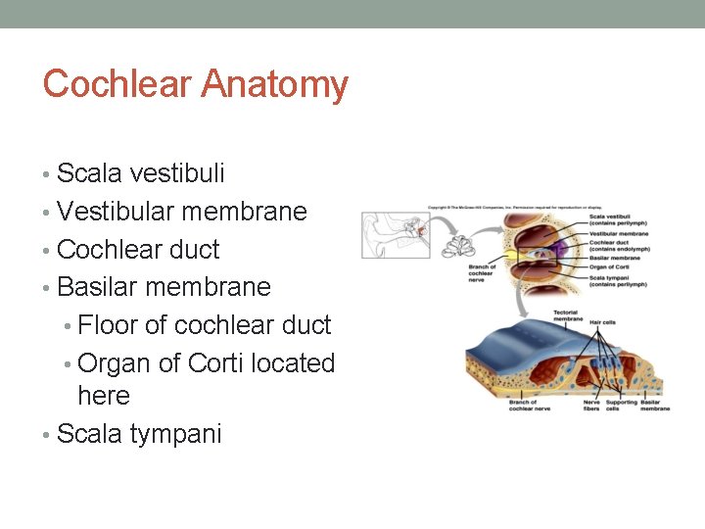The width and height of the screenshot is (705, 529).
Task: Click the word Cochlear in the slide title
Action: pos(117,84)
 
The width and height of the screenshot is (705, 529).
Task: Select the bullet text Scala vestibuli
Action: pos(141,173)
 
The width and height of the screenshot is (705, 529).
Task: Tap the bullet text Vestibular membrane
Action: pos(182,212)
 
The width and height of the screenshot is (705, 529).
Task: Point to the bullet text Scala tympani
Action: pos(139,434)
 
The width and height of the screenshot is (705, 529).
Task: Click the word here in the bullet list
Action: pos(104,396)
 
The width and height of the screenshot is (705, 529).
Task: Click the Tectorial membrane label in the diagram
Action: pos(568,316)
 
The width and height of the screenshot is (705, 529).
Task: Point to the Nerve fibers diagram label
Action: pos(591,406)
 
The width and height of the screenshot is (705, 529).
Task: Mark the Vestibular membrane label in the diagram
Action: pos(619,234)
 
